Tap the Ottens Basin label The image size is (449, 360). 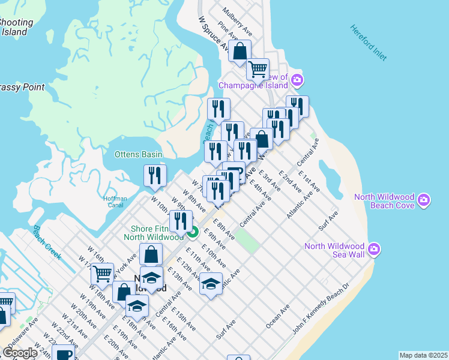coord(139,154)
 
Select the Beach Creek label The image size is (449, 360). coord(47,242)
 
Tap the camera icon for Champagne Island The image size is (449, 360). coord(297,80)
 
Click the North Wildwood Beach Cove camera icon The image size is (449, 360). coord(424,199)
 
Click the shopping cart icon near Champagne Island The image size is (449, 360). coord(258,69)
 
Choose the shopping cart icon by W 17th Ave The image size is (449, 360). coord(102,274)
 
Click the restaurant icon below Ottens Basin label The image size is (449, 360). coord(155,175)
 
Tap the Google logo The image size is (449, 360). coord(20,353)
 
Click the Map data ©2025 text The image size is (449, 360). coord(423,355)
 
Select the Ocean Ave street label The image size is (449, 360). coord(277,316)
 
